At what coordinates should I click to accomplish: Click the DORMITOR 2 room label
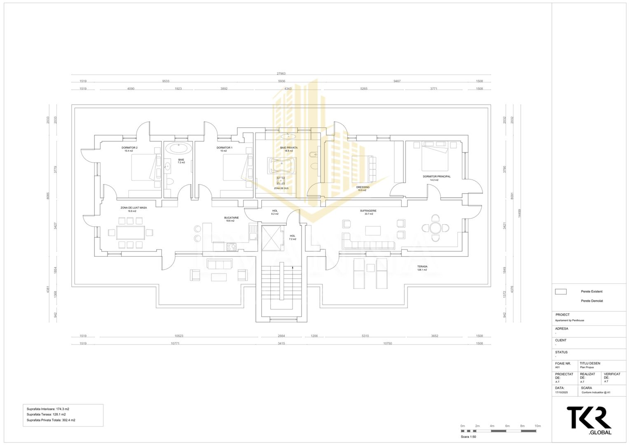coord(129,148)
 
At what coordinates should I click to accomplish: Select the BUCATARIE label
coord(231,218)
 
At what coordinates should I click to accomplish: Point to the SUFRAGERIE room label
coord(368,211)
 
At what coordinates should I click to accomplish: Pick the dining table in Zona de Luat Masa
coord(130,233)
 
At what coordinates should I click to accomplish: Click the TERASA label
coord(422,267)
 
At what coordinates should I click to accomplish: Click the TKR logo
coord(589,418)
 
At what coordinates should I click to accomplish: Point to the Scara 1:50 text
coord(468,437)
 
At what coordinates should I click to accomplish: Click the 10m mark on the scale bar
coord(537,426)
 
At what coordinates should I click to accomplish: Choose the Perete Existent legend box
coord(560,292)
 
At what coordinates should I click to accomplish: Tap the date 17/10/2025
coord(561,393)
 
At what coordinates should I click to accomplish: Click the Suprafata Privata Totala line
coord(51,420)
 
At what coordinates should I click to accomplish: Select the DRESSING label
coord(363,187)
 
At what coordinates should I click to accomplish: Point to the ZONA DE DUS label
coord(281,188)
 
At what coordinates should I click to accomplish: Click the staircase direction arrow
coord(293,268)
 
